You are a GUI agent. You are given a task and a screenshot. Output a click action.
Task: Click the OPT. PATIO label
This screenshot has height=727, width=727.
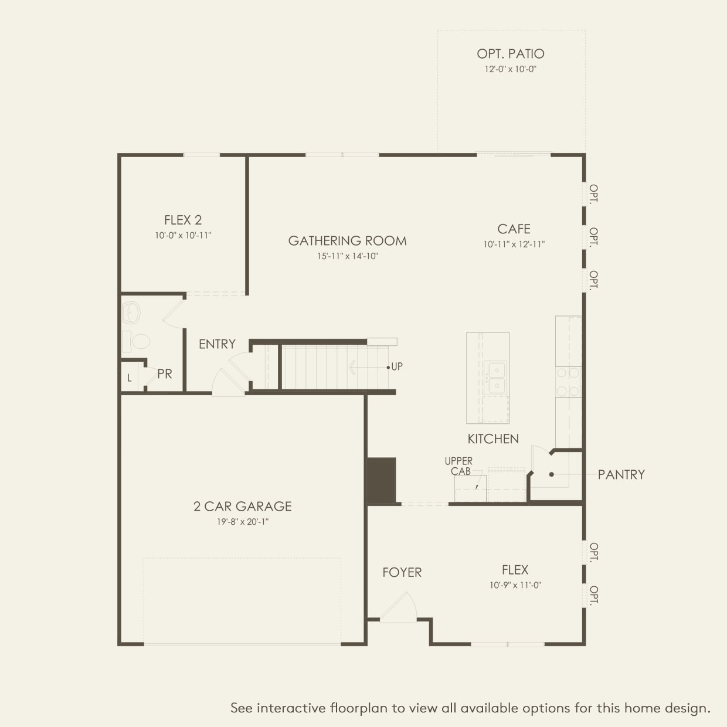pos(510,54)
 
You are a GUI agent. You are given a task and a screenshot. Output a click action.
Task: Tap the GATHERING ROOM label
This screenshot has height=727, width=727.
pos(347,241)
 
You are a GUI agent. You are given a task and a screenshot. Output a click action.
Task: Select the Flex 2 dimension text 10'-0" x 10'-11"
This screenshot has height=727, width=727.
pos(183,236)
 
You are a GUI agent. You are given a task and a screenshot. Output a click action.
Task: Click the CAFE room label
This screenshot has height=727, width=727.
pos(514,229)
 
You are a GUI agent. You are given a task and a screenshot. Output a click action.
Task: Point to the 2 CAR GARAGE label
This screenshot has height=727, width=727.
pos(242,507)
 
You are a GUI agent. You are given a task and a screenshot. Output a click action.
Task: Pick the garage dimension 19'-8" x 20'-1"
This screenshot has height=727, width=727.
pos(242,522)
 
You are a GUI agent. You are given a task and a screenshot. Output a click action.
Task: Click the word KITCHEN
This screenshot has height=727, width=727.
pos(492,439)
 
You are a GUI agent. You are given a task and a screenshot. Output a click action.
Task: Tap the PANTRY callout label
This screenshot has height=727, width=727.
pos(621,475)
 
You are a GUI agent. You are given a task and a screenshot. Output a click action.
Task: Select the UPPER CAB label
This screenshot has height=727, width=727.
pos(458,466)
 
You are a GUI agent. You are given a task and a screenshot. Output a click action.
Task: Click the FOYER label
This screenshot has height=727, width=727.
pos(402,573)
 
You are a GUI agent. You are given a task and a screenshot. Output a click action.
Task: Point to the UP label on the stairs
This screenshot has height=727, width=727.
pos(397,367)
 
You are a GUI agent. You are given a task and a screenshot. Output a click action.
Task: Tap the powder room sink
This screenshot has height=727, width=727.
pos(131,313)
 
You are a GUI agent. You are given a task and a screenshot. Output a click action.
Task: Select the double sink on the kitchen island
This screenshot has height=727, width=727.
pos(494,378)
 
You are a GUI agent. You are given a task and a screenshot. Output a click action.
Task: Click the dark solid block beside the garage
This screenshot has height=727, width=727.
pos(381,481)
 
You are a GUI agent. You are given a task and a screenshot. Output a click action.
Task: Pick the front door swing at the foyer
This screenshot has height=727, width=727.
pos(400,607)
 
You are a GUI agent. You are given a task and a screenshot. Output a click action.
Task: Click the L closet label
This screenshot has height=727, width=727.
pos(130,379)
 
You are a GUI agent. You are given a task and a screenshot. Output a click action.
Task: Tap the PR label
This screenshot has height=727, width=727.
pos(165,374)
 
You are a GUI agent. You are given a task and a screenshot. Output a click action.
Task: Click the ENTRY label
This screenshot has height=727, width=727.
pos(217,344)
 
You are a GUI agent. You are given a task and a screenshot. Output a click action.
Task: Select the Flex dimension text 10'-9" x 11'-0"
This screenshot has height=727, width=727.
pos(515,585)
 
